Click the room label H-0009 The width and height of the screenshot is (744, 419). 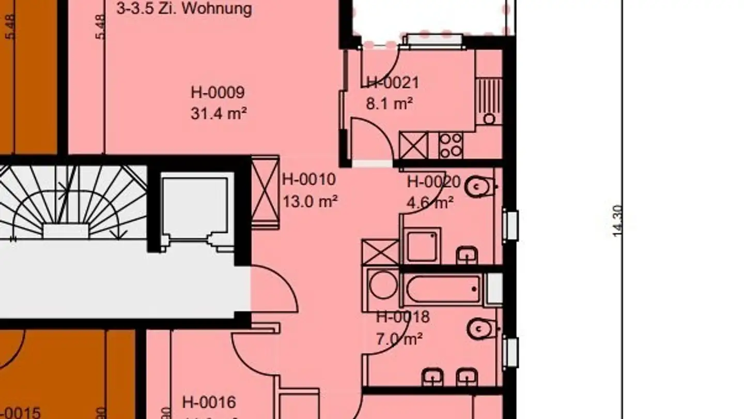[218, 93]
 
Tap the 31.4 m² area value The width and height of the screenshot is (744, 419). [218, 113]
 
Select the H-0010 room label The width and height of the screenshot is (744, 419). [309, 179]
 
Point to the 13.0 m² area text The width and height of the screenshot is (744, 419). [310, 201]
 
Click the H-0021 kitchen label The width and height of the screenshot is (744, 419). [393, 83]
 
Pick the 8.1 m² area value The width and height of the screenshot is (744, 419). [389, 104]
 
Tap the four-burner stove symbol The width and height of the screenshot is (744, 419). [451, 145]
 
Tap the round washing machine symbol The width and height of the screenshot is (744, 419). [383, 286]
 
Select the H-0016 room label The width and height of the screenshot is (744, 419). [209, 402]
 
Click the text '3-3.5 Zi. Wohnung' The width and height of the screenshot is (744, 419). [184, 9]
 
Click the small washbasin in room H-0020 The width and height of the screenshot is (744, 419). [467, 255]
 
